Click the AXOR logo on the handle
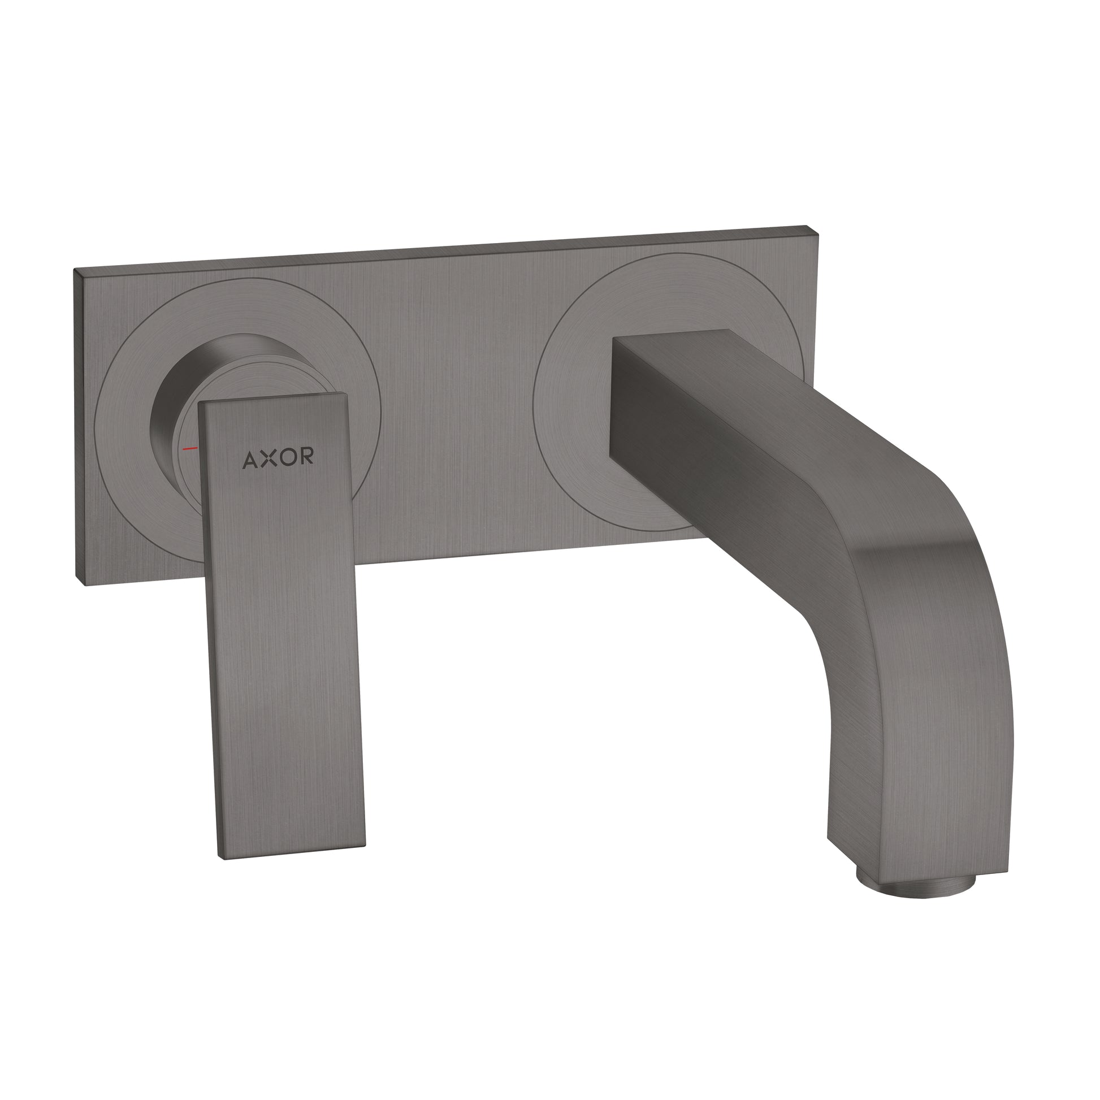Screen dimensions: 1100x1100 [x=278, y=458]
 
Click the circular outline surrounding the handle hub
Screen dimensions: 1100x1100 [x=102, y=444]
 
